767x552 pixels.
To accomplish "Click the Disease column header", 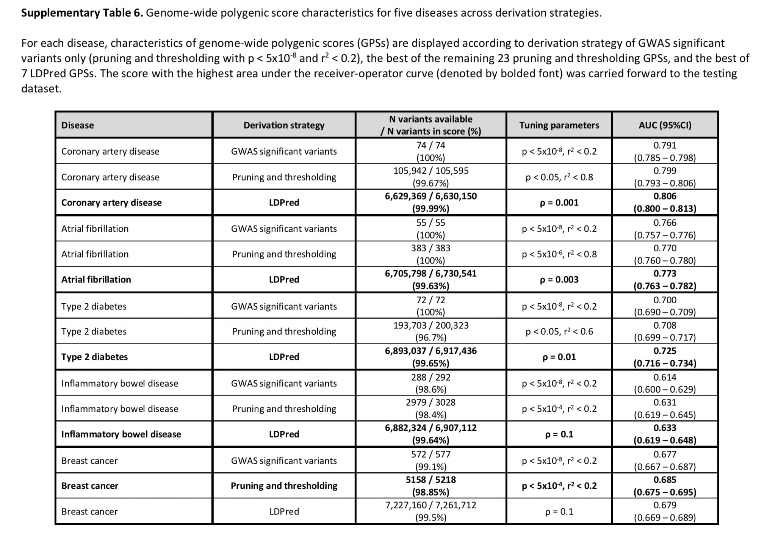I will coord(78,125).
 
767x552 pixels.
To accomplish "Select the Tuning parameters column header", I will coord(559,125).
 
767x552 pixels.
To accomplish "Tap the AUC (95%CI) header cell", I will coord(665,125).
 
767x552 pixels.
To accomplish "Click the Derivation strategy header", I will coord(284,125).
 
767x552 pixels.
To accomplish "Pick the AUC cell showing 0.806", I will coord(665,202).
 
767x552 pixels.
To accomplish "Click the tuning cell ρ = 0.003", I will coord(559,280).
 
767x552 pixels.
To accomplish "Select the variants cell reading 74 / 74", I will coord(431,151).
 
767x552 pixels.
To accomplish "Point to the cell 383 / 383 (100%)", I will coord(431,254).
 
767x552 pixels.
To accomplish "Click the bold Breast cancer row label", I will coord(90,486).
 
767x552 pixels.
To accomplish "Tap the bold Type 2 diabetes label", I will coord(95,357).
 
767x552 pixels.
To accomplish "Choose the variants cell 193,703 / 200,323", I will coord(431,331).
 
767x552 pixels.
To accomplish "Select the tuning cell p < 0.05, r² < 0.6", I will coord(559,331).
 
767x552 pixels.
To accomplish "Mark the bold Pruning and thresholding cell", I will coord(284,486).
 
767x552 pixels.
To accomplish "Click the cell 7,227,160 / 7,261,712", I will coord(431,511).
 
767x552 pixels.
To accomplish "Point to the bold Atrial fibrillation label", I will coord(96,280).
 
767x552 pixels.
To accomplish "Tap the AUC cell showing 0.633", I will coord(665,434).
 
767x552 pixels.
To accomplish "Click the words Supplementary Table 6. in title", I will coord(82,13).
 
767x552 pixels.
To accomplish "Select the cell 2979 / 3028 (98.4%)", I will coord(431,408).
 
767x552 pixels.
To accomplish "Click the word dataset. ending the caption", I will coord(41,89).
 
